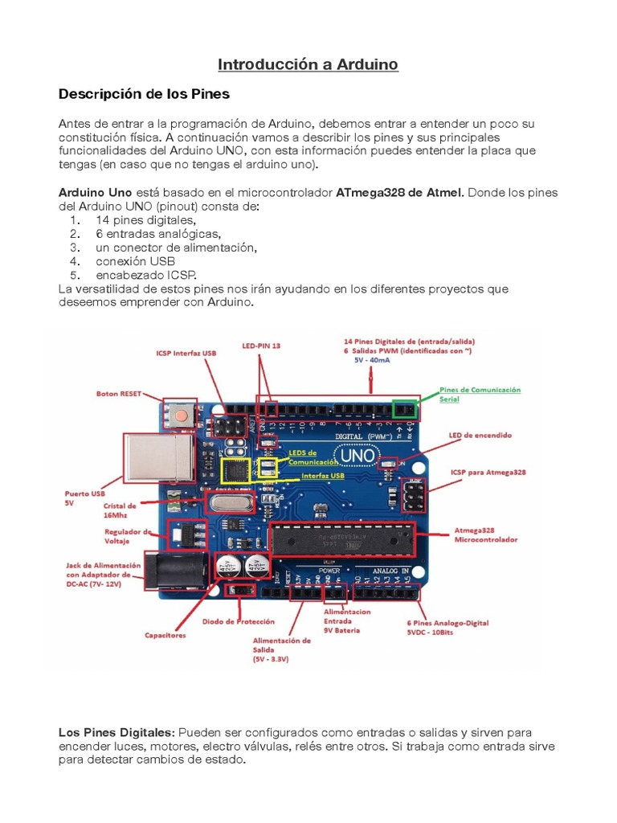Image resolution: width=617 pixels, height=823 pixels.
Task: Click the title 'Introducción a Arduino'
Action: [x=308, y=64]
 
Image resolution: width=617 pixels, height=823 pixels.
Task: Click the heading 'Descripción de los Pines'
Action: [x=144, y=94]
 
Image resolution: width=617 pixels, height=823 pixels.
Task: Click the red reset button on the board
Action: [x=183, y=416]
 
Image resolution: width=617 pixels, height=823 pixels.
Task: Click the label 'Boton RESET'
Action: [x=118, y=394]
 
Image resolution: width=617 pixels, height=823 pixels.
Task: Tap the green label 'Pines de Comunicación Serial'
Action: [x=480, y=394]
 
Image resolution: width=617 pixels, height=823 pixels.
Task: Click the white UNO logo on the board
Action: [x=357, y=456]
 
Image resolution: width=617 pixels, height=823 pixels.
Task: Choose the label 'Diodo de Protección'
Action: [x=239, y=621]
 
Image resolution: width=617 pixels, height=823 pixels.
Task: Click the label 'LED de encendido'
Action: [x=480, y=435]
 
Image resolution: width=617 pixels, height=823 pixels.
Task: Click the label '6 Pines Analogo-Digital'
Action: [x=448, y=622]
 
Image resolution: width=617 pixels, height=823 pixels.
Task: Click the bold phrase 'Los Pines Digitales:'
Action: [x=116, y=733]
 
